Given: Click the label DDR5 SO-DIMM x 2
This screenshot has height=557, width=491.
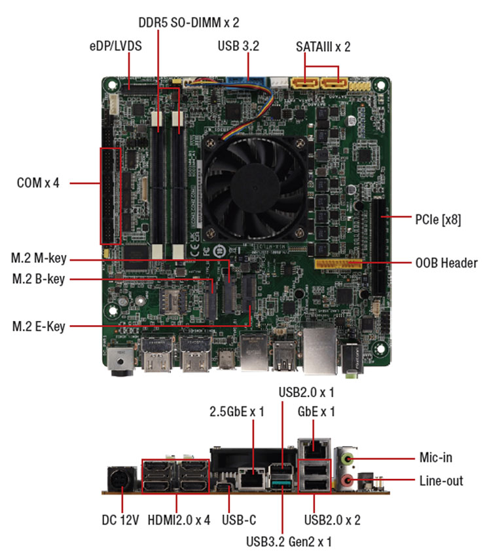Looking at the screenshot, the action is [189, 23].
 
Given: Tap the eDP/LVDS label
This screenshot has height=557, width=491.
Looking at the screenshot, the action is [116, 46].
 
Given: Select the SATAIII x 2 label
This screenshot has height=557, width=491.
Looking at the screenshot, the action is [323, 47].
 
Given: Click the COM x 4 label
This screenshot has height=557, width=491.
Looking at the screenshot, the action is [38, 183].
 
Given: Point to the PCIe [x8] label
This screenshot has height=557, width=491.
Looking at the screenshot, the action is [438, 220].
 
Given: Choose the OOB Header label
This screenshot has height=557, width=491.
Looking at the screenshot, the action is [446, 263].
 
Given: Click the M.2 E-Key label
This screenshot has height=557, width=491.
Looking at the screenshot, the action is [39, 326].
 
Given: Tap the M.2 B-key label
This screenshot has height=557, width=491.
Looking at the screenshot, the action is [39, 279].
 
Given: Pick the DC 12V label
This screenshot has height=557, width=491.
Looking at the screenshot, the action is [120, 520].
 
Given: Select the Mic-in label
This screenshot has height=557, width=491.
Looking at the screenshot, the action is [436, 457].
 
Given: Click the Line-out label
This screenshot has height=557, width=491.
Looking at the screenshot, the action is [441, 481].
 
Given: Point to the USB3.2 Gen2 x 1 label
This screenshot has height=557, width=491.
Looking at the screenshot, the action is [289, 542].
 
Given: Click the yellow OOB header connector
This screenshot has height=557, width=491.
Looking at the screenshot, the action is [338, 263].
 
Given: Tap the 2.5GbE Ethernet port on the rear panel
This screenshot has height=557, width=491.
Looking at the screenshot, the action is [251, 479].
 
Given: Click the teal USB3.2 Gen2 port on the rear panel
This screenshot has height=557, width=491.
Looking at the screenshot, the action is [282, 484].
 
